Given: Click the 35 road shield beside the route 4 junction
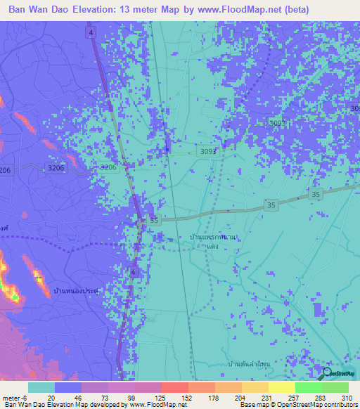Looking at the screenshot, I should [x=154, y=221].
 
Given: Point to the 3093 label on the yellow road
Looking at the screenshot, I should [x=208, y=151].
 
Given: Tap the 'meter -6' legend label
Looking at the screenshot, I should [x=14, y=397].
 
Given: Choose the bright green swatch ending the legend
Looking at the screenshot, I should [x=335, y=387].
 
